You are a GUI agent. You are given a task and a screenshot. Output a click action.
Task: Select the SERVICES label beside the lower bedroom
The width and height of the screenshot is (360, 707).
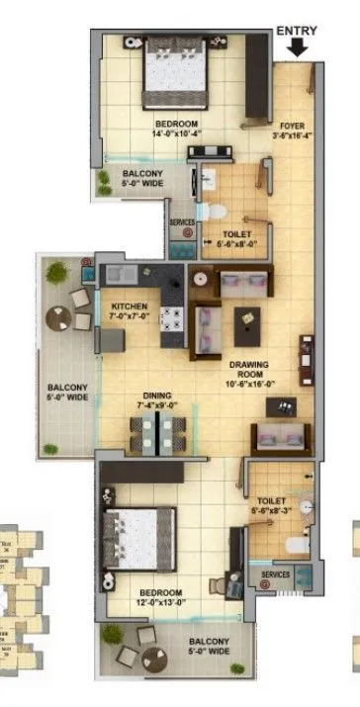tap(276, 574)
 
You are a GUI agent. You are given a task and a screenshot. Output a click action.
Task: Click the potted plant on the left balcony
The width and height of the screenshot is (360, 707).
tap(57, 270)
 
